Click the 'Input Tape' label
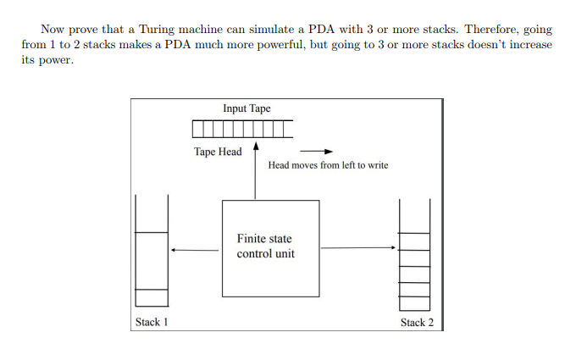click(246, 109)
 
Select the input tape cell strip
click(242, 129)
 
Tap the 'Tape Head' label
click(217, 152)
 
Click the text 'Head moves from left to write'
click(328, 165)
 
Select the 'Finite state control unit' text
click(266, 246)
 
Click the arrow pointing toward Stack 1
click(194, 250)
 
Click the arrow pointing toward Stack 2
click(358, 248)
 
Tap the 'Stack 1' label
click(152, 322)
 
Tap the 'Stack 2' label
click(416, 322)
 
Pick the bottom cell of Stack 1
click(152, 298)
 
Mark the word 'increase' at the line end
click(527, 44)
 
